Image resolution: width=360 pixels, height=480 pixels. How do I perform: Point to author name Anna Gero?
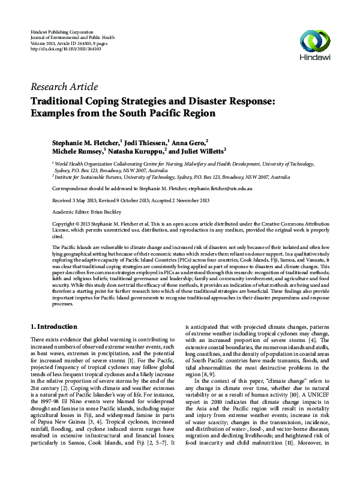(x=190, y=145)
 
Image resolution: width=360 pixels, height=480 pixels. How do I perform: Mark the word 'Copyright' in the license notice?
(x=65, y=224)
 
